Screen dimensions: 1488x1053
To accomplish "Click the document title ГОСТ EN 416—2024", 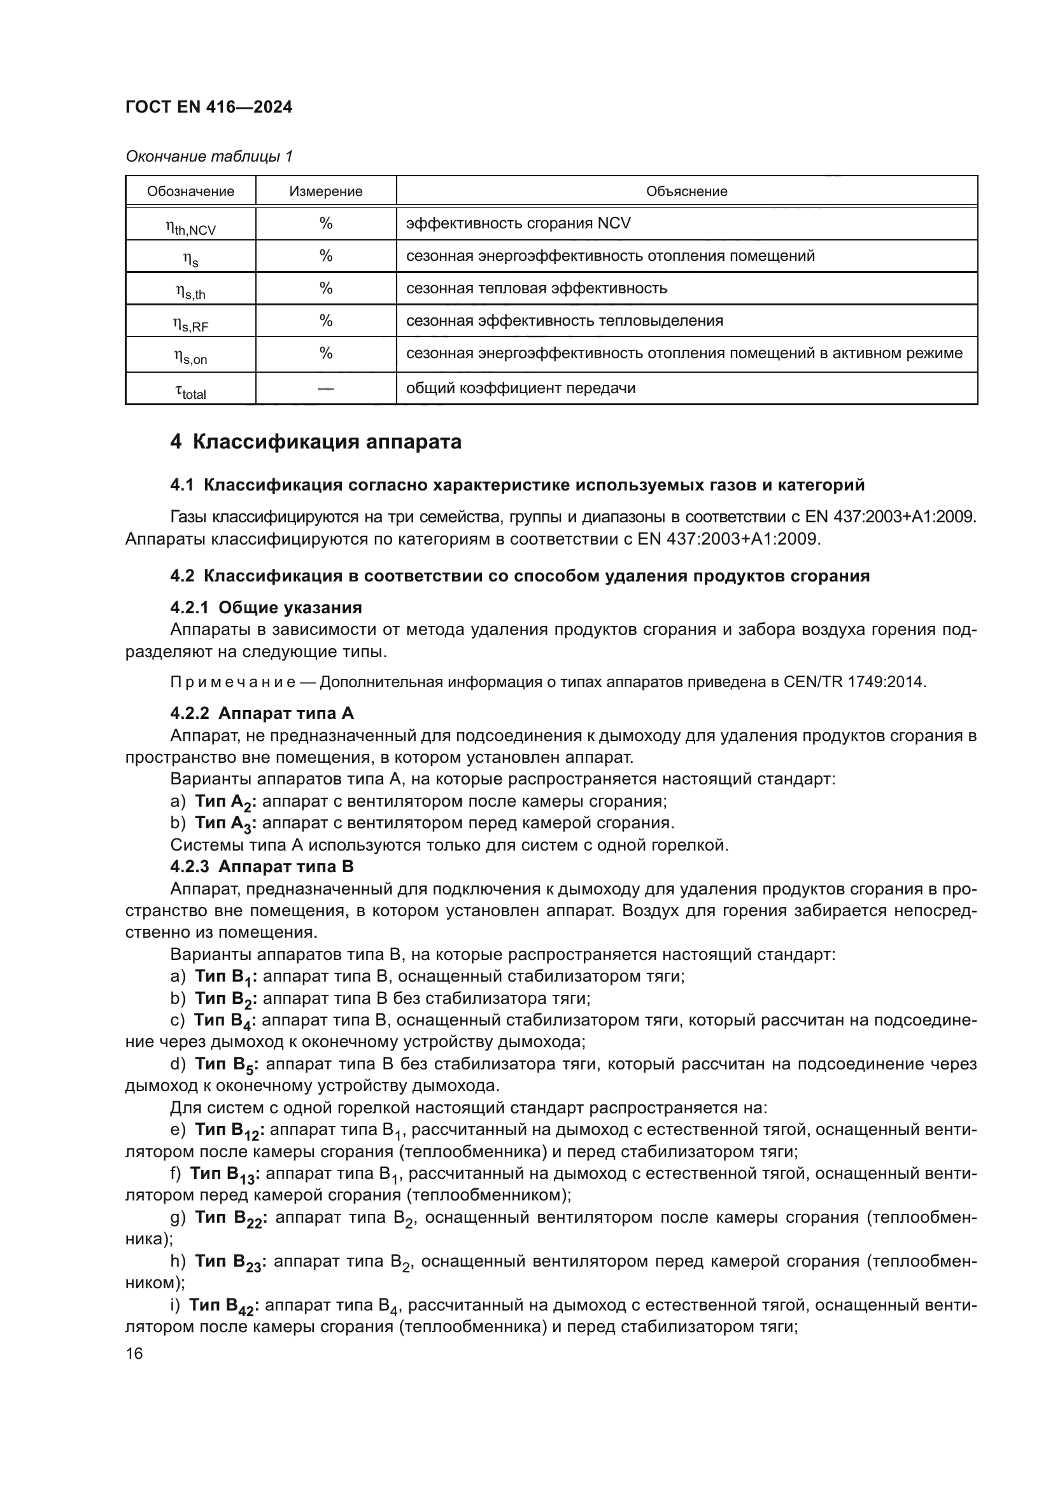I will (208, 107).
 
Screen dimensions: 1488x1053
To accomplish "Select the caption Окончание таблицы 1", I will (209, 156).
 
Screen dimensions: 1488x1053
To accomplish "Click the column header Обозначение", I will (190, 191).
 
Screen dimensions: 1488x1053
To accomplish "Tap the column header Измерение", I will (325, 191).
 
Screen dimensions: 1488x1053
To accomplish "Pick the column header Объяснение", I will (686, 191).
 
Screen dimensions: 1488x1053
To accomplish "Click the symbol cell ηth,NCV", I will (190, 226).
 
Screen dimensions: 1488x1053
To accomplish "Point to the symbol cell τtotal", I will (190, 391).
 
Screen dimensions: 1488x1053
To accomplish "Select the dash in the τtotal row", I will (325, 388).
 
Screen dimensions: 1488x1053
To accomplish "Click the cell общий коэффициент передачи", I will (520, 388).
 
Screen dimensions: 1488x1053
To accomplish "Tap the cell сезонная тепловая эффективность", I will (536, 288).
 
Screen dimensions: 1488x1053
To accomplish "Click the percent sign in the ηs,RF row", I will (325, 321).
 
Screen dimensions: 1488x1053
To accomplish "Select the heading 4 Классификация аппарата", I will (316, 442).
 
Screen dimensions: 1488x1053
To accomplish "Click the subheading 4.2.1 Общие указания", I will (266, 608).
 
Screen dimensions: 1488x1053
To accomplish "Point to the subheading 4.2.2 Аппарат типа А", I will (262, 714).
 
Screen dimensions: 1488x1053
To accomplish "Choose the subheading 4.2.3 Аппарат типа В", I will (262, 866).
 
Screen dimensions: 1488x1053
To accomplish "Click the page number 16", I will (134, 1354).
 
